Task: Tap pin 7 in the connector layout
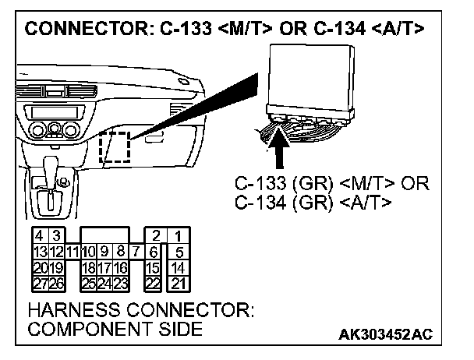pos(136,251)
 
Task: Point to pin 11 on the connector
pos(72,251)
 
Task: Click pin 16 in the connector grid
pos(121,266)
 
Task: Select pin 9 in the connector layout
pos(107,251)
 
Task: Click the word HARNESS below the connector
pos(70,311)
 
